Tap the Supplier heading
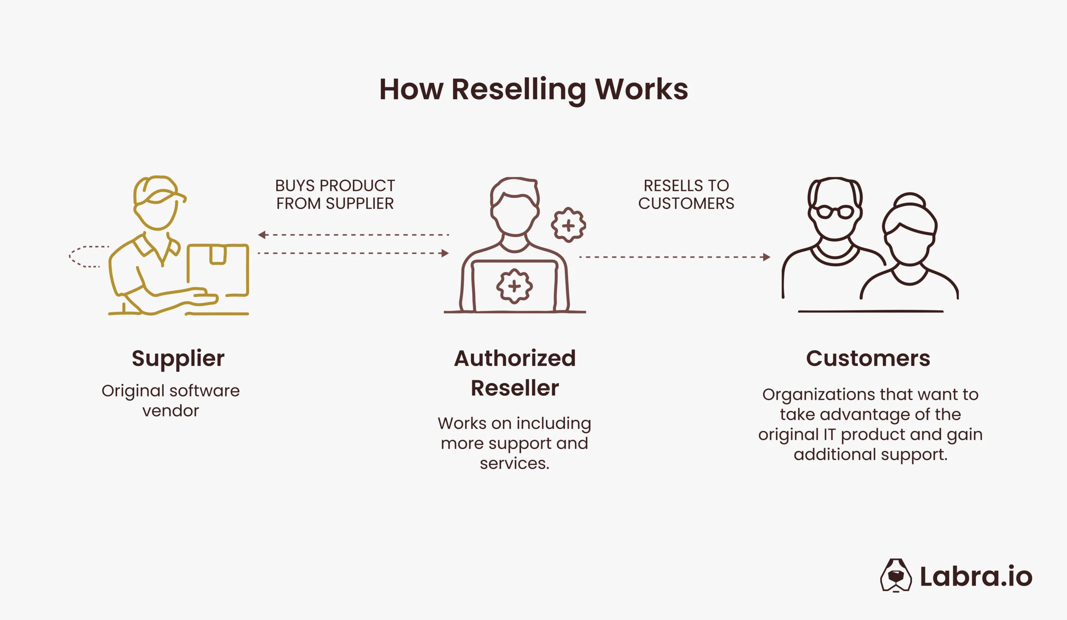point(178,358)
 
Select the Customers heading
point(868,358)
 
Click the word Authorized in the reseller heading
point(514,358)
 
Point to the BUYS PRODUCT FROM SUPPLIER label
point(335,195)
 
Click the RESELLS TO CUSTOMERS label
point(686,195)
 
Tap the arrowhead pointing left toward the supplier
point(262,235)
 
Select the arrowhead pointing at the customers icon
point(766,257)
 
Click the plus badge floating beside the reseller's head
point(568,225)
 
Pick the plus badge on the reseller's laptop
point(514,286)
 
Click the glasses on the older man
point(834,212)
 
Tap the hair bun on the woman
point(909,200)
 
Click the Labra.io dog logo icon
point(896,575)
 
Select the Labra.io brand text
point(976,576)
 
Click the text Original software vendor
point(170,400)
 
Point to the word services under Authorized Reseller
point(514,463)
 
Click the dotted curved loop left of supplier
point(85,257)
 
